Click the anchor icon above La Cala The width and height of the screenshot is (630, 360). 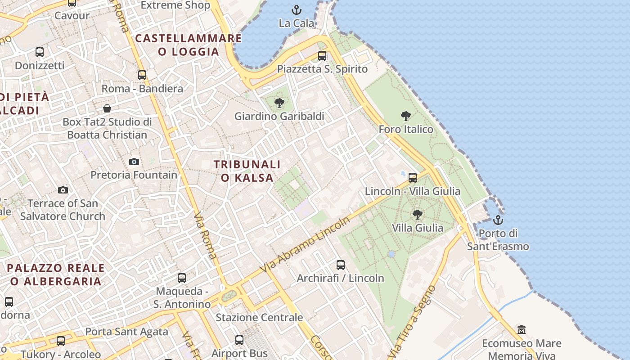tap(296, 9)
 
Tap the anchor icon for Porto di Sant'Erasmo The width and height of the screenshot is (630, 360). tap(498, 220)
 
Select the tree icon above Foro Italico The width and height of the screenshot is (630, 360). tap(406, 116)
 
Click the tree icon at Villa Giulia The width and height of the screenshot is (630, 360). tap(417, 214)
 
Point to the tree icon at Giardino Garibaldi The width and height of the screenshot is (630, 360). tap(279, 103)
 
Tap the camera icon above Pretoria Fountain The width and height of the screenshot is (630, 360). tap(134, 162)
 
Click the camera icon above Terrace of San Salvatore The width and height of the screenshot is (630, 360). tap(63, 190)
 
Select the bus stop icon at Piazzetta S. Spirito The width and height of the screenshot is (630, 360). tap(322, 56)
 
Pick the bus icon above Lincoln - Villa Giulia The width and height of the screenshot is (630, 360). tap(413, 178)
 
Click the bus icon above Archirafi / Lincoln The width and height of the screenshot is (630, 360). tap(341, 265)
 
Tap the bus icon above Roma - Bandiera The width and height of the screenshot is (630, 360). tap(142, 75)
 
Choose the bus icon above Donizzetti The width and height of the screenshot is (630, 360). tap(40, 52)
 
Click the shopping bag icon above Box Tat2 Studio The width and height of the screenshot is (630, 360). tap(107, 108)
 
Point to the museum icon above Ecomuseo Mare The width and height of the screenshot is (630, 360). tap(522, 330)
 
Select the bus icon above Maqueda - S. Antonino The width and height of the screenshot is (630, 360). tap(182, 278)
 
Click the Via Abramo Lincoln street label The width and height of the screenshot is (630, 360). tap(306, 245)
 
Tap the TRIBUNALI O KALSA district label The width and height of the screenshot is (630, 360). tap(247, 171)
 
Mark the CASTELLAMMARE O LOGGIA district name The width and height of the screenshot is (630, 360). tap(189, 45)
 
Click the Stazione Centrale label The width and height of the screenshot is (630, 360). tap(259, 317)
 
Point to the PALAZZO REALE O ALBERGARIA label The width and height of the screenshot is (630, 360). tap(56, 274)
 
